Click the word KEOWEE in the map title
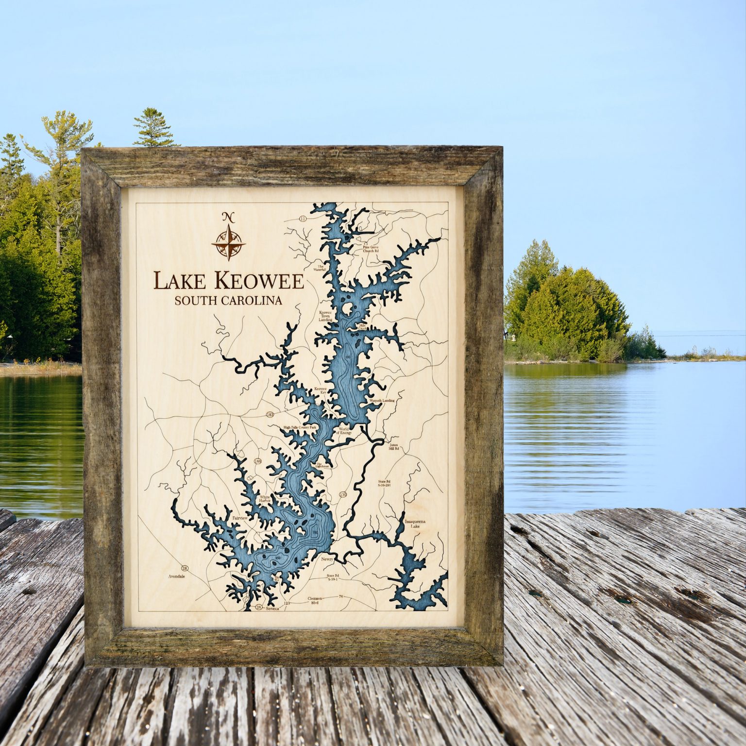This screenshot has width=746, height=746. coord(259,281)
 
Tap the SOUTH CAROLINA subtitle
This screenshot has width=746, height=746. coord(228,301)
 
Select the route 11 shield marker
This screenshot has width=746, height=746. coord(303,219)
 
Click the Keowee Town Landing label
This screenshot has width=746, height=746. coord(325,316)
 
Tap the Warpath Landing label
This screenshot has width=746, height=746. coord(382,401)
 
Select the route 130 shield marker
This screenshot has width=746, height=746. coord(343,494)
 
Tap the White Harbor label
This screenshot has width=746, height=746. coord(265,499)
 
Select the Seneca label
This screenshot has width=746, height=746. coord(273,607)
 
